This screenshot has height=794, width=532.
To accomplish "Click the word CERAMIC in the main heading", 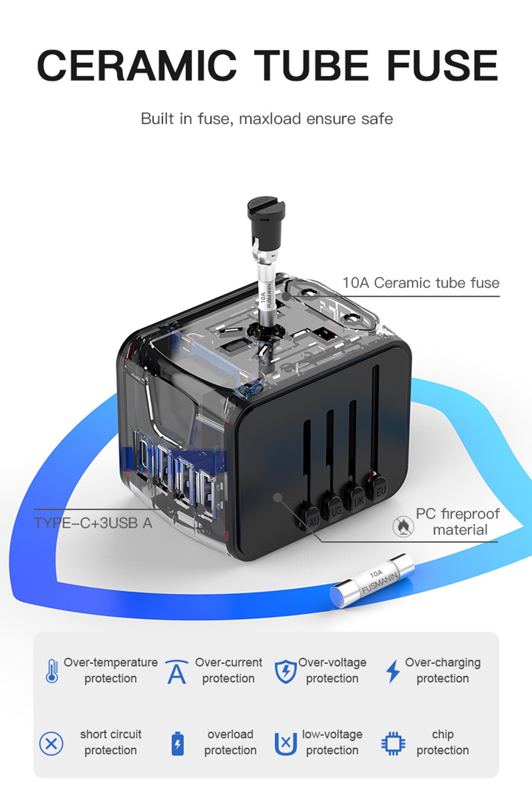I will click(x=136, y=66).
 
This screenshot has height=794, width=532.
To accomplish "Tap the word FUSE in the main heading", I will click(x=442, y=66).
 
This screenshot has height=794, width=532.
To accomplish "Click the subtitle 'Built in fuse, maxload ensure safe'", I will click(x=266, y=119).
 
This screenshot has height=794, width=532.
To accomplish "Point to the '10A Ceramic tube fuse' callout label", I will click(x=421, y=283).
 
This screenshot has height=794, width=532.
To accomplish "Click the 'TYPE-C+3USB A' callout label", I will click(x=93, y=523).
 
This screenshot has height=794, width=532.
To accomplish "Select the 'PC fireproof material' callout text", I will click(x=458, y=522).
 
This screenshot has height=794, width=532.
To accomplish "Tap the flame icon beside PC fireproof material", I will click(x=403, y=526).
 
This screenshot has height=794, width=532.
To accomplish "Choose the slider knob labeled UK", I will click(x=357, y=500).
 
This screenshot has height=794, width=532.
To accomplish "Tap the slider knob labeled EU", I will click(x=379, y=489).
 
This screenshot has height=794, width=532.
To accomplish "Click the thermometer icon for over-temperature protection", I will click(x=52, y=671).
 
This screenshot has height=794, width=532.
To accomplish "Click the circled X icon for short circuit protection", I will click(x=51, y=744).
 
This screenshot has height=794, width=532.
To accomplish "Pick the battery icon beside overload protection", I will click(x=177, y=744).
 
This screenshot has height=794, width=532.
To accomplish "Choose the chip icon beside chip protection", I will click(x=393, y=744).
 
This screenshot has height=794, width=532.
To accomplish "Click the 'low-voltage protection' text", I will click(x=332, y=742).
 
